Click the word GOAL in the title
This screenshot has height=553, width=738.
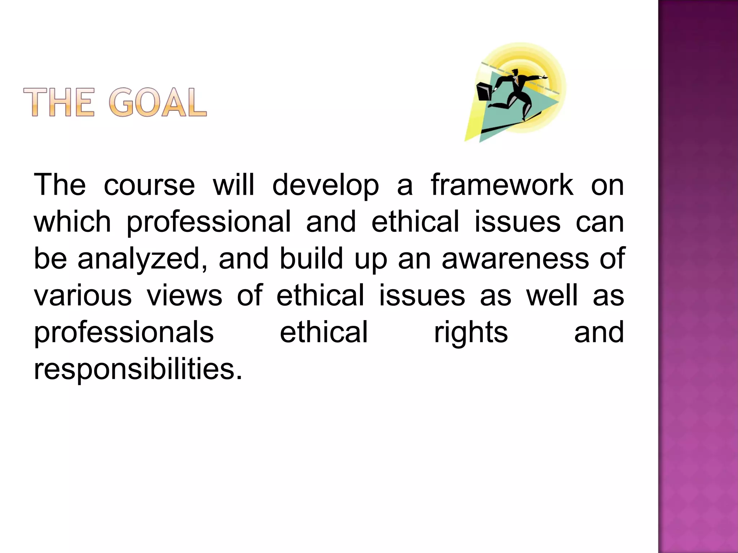pos(158,103)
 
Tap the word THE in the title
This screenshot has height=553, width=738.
pos(59,103)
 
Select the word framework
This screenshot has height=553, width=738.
pos(502,185)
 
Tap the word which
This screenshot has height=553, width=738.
pos(72,222)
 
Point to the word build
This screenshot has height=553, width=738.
pos(311,258)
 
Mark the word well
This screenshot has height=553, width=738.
pos(552,295)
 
